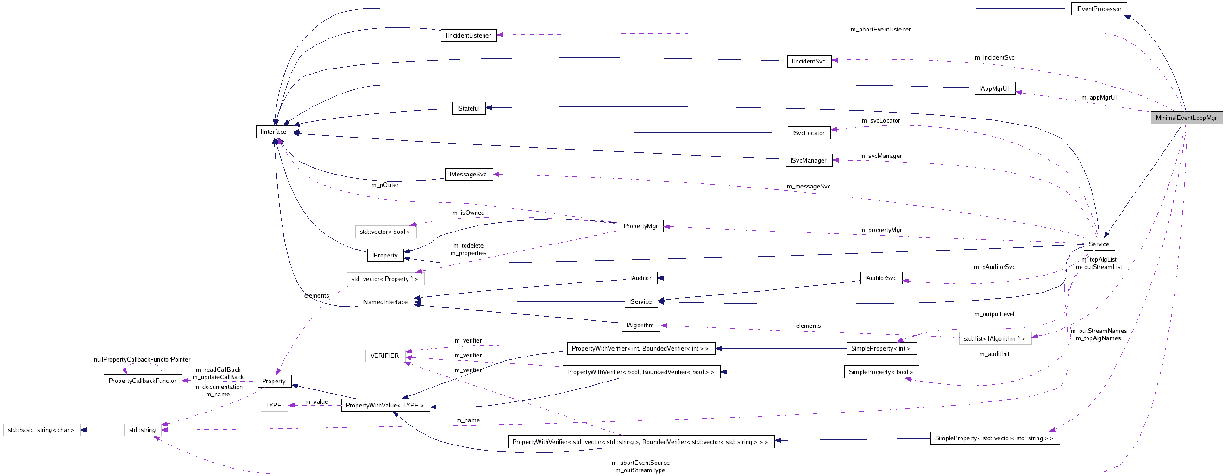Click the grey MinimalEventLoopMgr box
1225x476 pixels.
coord(1186,118)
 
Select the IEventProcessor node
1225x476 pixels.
coord(1099,9)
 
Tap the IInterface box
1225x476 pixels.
coord(274,132)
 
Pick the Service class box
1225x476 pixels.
coord(1099,244)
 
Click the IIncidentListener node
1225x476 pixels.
coord(468,35)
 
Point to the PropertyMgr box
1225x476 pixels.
coord(641,226)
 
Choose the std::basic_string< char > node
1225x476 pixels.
coord(41,430)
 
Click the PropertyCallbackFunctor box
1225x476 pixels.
coord(142,381)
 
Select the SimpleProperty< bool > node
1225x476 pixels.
coord(881,372)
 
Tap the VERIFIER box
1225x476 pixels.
coord(385,356)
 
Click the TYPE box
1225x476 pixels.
coord(273,405)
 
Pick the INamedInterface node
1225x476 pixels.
coord(385,302)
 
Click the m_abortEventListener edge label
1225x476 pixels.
coord(880,30)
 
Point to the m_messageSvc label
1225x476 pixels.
coord(809,187)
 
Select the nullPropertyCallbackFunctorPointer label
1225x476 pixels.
coord(142,359)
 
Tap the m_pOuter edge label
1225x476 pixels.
coord(385,185)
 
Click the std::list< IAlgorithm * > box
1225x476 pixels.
coord(995,338)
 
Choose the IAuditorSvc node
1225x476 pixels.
coord(881,278)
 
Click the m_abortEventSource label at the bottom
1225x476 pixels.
coord(640,463)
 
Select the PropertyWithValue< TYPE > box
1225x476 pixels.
coord(385,405)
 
